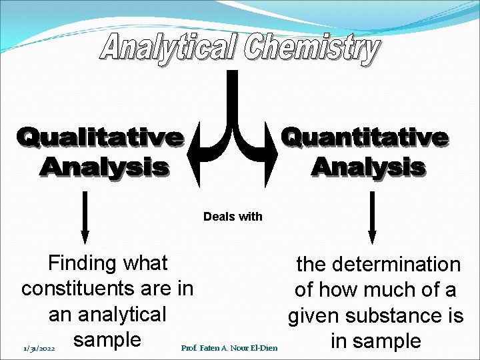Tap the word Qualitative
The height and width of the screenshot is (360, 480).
pyautogui.click(x=101, y=137)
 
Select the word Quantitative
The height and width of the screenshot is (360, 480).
pyautogui.click(x=364, y=137)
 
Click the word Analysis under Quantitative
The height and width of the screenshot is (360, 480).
pyautogui.click(x=367, y=166)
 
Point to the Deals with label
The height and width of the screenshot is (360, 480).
pyautogui.click(x=233, y=217)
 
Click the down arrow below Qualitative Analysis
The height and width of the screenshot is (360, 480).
pyautogui.click(x=85, y=217)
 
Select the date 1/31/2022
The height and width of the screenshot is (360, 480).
pyautogui.click(x=38, y=347)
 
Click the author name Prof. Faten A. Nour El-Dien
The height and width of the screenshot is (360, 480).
pyautogui.click(x=229, y=347)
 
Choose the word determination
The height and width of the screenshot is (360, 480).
pyautogui.click(x=398, y=265)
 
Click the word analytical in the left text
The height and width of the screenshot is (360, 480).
pyautogui.click(x=121, y=314)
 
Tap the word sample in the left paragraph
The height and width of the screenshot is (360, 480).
pyautogui.click(x=107, y=339)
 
